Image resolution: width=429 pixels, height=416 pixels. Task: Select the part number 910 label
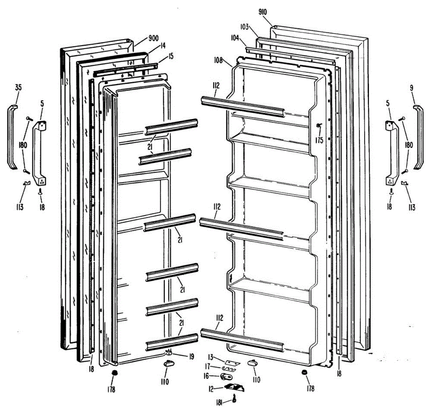(262, 12)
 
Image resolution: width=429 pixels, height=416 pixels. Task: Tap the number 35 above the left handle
(18, 87)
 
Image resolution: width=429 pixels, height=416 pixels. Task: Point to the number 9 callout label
(412, 87)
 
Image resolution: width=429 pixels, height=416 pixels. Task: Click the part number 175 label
(319, 140)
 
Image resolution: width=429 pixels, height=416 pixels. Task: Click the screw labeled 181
(235, 398)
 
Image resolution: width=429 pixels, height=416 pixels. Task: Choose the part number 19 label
(192, 356)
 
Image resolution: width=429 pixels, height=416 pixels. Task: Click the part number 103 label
(245, 27)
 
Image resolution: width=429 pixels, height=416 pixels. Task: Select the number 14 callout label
(163, 45)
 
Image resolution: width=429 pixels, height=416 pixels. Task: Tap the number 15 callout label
(171, 56)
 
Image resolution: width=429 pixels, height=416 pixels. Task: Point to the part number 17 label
(208, 366)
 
